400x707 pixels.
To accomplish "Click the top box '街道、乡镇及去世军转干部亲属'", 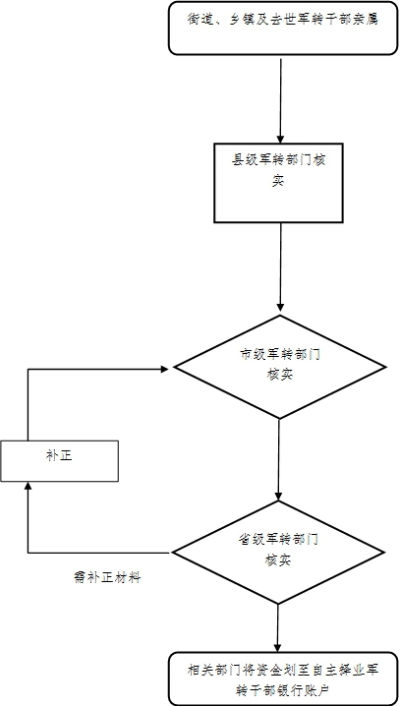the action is (x=281, y=28).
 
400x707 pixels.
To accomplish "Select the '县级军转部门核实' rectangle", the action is (x=279, y=183).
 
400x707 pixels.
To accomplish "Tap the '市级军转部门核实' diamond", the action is (x=280, y=367).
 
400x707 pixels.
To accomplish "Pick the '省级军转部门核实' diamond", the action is (x=280, y=553).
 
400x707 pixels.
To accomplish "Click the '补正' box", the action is (x=59, y=461).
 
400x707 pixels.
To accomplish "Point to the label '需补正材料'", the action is (x=107, y=577).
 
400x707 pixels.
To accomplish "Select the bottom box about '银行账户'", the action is (x=284, y=678).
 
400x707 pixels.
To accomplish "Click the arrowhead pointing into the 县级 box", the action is (x=281, y=139).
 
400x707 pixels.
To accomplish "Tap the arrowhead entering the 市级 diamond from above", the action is (x=280, y=310).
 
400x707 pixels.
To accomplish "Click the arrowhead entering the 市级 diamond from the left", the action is (x=164, y=370).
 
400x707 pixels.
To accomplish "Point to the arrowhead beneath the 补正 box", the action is (x=29, y=487).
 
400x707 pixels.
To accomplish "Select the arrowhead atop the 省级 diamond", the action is (x=279, y=496).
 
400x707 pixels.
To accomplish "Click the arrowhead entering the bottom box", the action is (x=278, y=647).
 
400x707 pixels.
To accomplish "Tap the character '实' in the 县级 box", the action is (x=279, y=181).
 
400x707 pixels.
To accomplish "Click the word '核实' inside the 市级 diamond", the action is (x=279, y=376).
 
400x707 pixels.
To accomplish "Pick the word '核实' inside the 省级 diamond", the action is (x=279, y=560).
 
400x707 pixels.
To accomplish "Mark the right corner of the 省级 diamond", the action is (x=386, y=553).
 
